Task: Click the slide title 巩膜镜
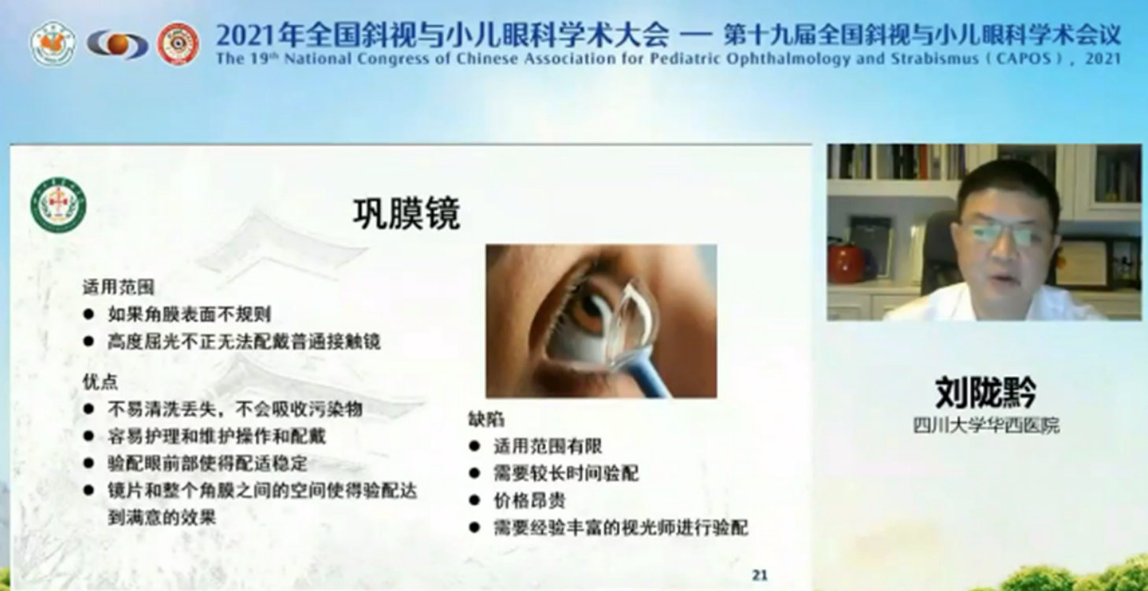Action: (x=407, y=212)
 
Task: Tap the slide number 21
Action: (x=759, y=575)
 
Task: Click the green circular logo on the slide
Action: (x=58, y=205)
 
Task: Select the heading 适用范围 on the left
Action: (x=118, y=287)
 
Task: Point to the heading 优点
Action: (x=101, y=382)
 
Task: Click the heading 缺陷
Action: (x=486, y=419)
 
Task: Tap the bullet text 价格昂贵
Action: (x=530, y=501)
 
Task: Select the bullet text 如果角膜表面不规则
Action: (x=190, y=314)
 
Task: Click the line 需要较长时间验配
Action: (x=567, y=473)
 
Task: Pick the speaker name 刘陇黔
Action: (x=986, y=392)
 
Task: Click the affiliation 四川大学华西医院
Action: (x=986, y=426)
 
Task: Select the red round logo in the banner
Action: (x=178, y=43)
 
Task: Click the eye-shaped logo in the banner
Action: (x=117, y=45)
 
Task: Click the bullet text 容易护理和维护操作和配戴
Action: (x=217, y=436)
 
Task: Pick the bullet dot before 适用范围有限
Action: (x=474, y=446)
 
